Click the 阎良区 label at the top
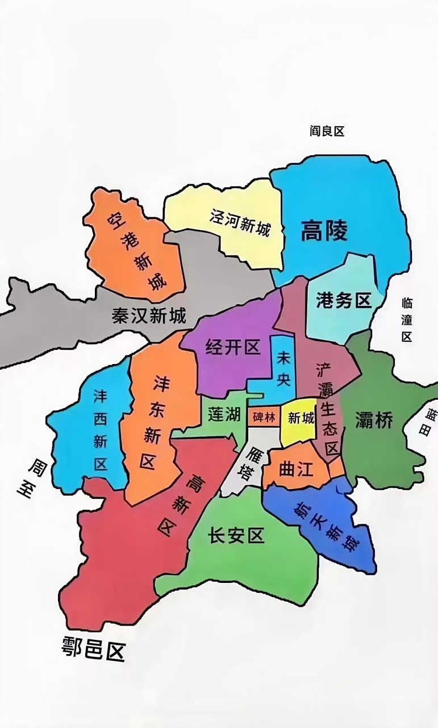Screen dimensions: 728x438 (x=327, y=131)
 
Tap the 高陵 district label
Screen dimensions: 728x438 (x=324, y=231)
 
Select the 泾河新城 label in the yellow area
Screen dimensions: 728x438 (x=240, y=224)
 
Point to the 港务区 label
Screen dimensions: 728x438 (x=344, y=300)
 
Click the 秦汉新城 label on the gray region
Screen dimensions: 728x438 (x=149, y=316)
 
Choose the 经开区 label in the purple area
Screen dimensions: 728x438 (x=232, y=347)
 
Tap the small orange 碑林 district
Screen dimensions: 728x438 (x=264, y=417)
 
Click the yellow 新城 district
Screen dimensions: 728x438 (x=301, y=419)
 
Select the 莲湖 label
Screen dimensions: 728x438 (x=223, y=414)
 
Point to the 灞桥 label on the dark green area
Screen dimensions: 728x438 (x=374, y=420)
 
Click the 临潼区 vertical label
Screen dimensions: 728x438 (x=407, y=319)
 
